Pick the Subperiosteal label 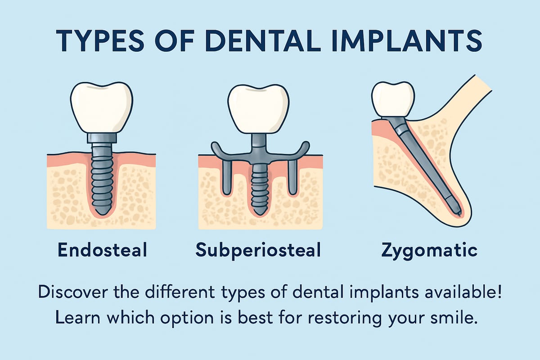coord(258,251)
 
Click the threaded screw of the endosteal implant coord(102,180)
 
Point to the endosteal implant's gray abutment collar coord(102,138)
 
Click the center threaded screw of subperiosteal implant coord(258,187)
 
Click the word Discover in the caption coord(72,292)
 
